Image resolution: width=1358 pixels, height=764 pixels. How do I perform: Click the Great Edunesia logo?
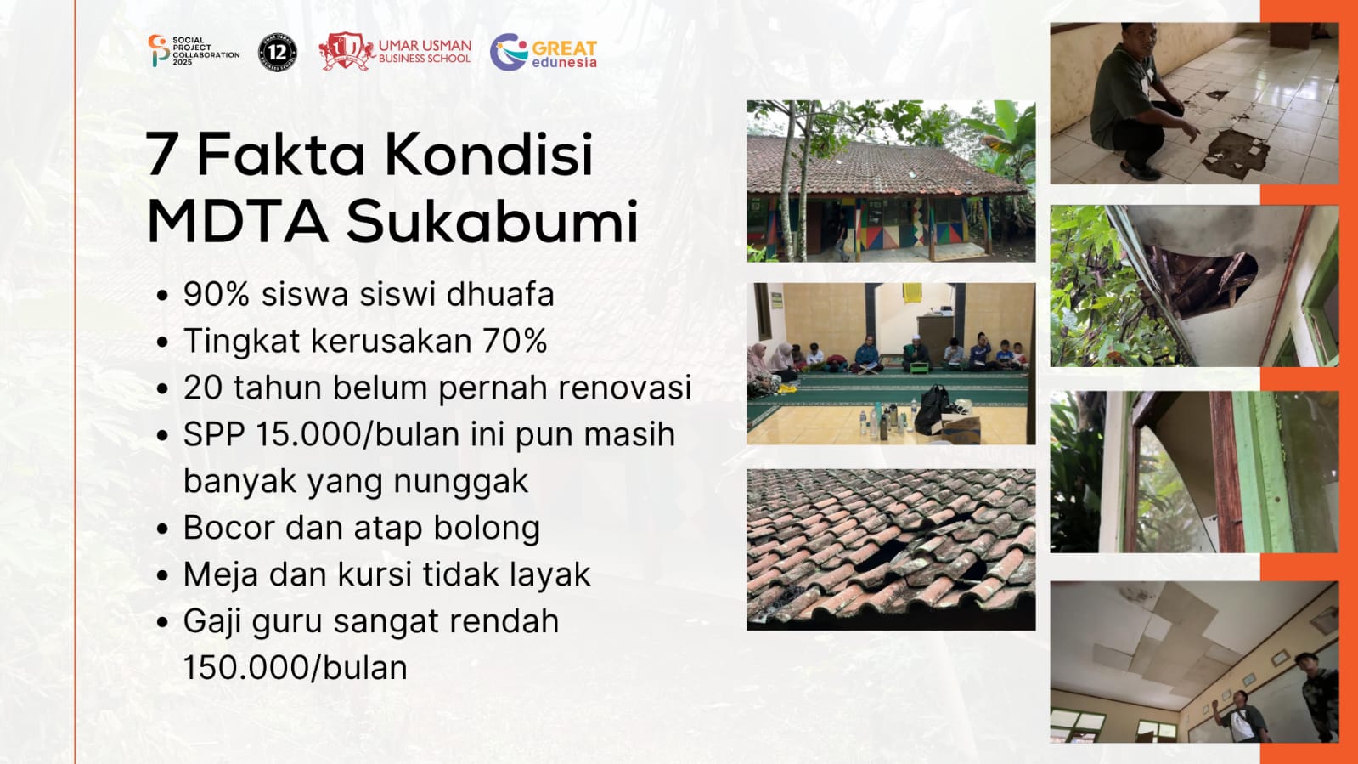[x=544, y=52]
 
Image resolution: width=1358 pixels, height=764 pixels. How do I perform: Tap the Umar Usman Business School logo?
[x=395, y=52]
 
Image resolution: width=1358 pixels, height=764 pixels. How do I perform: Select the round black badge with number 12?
[x=278, y=53]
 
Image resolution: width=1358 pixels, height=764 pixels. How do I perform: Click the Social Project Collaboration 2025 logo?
[x=194, y=51]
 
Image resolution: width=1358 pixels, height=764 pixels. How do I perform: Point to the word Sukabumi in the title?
[x=493, y=221]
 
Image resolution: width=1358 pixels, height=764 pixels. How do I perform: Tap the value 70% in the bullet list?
[x=516, y=341]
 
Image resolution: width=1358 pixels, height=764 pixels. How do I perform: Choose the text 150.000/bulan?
[x=296, y=668]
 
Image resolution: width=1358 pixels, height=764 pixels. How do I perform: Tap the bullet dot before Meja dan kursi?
[x=162, y=575]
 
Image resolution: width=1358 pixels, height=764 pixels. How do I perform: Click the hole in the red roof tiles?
[x=887, y=553]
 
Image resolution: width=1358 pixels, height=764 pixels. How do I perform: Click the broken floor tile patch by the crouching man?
[x=1235, y=153]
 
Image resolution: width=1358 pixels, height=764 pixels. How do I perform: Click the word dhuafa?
[x=500, y=294]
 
